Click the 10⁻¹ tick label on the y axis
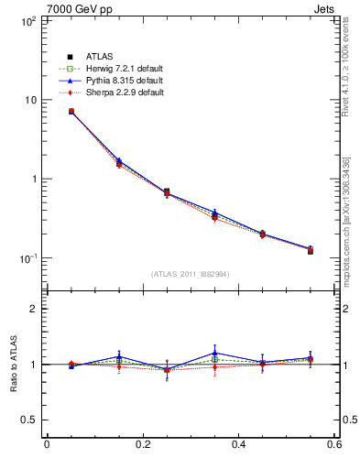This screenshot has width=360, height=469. [25, 258]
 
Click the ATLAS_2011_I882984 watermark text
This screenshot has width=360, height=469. [191, 274]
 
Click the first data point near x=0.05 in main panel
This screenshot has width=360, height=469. [71, 112]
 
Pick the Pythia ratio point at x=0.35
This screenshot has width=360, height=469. [214, 353]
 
